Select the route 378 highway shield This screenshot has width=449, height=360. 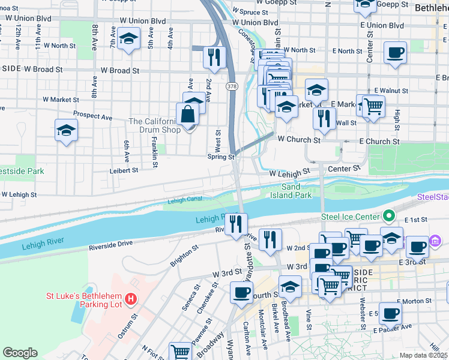(231, 87)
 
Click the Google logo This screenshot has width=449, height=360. (20, 353)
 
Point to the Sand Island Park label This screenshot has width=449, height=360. (290, 191)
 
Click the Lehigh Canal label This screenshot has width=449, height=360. (184, 201)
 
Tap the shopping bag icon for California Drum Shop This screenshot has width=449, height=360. (188, 114)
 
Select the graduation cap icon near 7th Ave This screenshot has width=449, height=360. (128, 41)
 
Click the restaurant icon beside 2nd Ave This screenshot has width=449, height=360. (214, 57)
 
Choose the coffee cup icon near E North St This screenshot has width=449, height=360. (395, 53)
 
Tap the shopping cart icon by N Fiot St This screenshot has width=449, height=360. (179, 352)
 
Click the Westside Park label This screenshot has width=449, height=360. (22, 171)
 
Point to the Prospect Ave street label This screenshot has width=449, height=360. (92, 114)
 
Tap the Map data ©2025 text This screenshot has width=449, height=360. (424, 355)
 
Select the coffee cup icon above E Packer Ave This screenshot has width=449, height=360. (390, 313)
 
